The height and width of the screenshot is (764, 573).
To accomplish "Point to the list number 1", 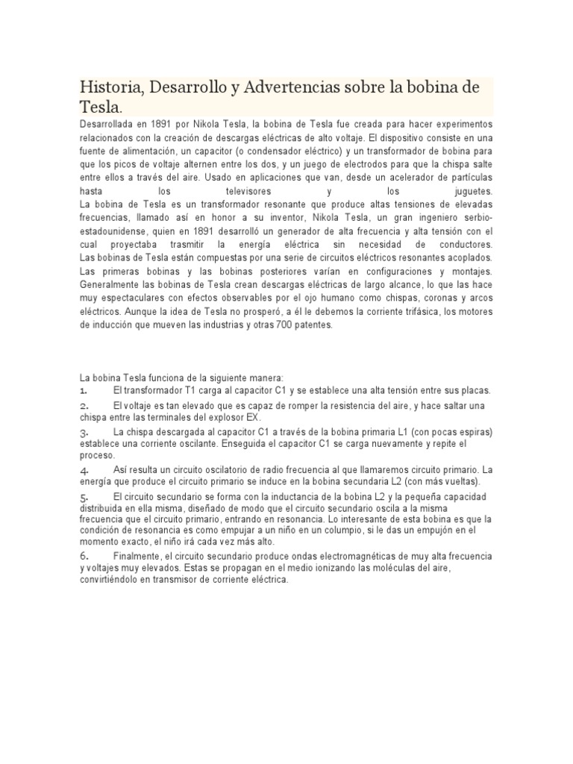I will click(x=84, y=390).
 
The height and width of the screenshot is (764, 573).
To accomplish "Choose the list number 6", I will click(x=84, y=557).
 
